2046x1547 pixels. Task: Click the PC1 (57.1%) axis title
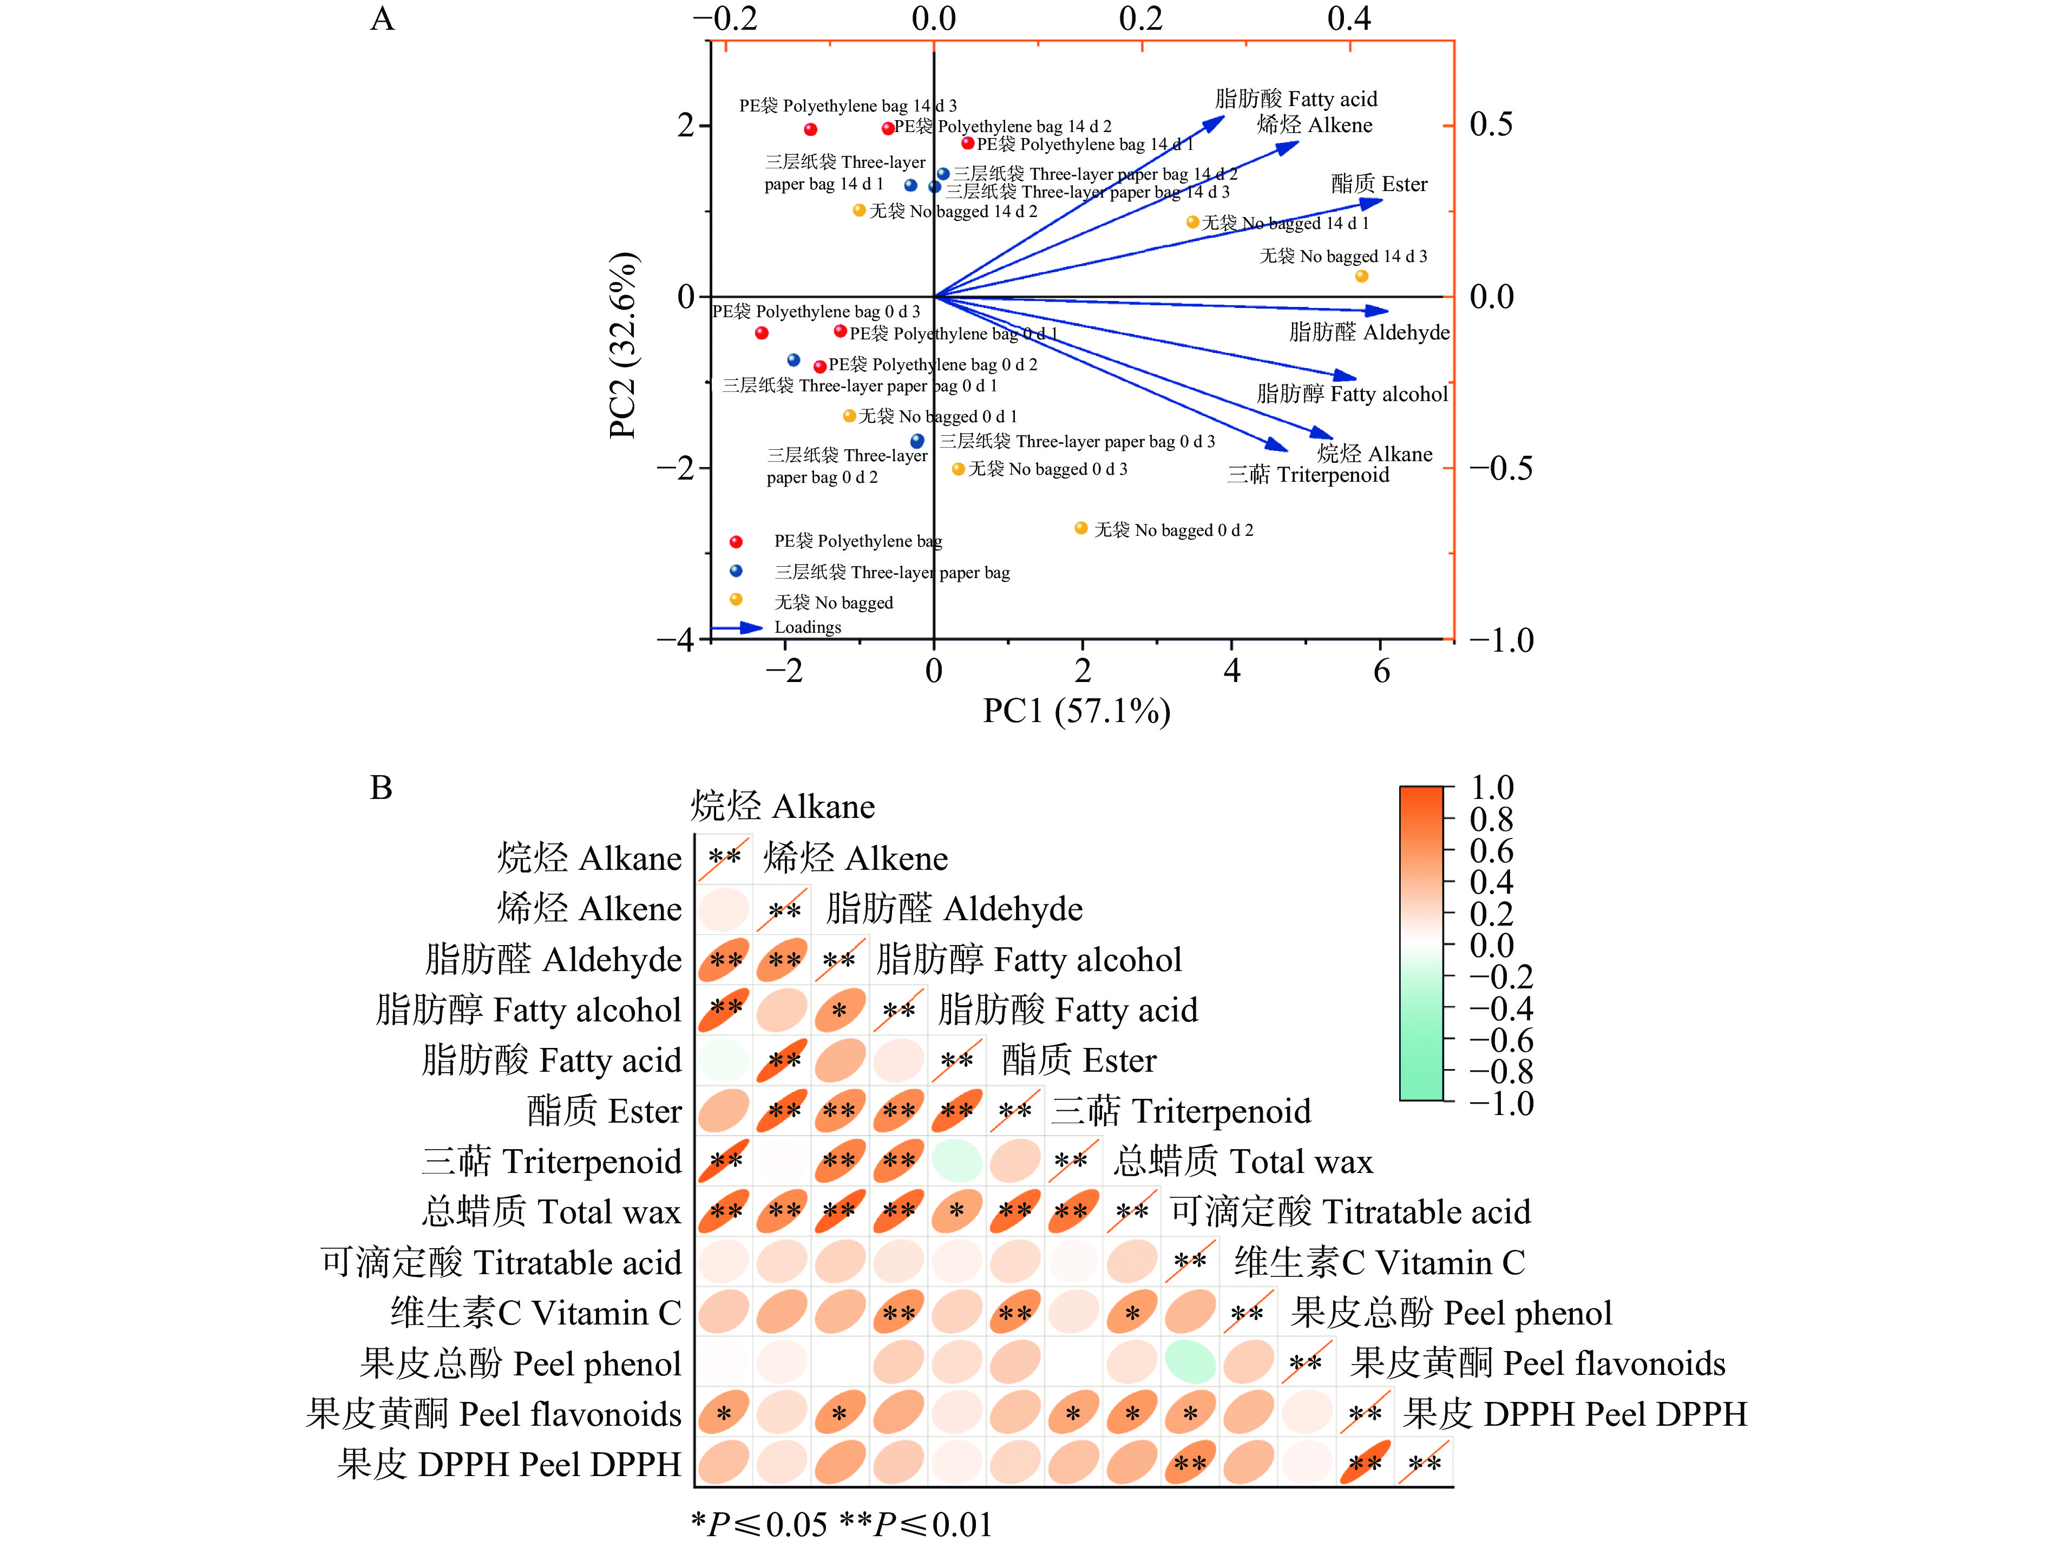tap(1076, 711)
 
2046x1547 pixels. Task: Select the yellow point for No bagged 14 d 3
tap(1361, 276)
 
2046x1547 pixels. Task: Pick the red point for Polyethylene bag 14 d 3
tap(810, 129)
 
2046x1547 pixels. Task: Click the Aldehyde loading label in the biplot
tap(1369, 332)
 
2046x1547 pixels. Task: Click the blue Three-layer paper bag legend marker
tap(736, 571)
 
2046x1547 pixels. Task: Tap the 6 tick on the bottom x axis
tap(1381, 671)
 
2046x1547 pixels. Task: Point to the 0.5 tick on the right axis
tap(1491, 124)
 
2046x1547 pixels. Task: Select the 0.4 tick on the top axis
tap(1349, 18)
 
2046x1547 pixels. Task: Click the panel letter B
tap(381, 788)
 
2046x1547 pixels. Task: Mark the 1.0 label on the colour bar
tap(1491, 788)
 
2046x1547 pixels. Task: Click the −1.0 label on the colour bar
tap(1498, 1104)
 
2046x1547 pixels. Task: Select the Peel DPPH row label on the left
tap(509, 1465)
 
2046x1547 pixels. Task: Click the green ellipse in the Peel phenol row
tap(1190, 1363)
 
